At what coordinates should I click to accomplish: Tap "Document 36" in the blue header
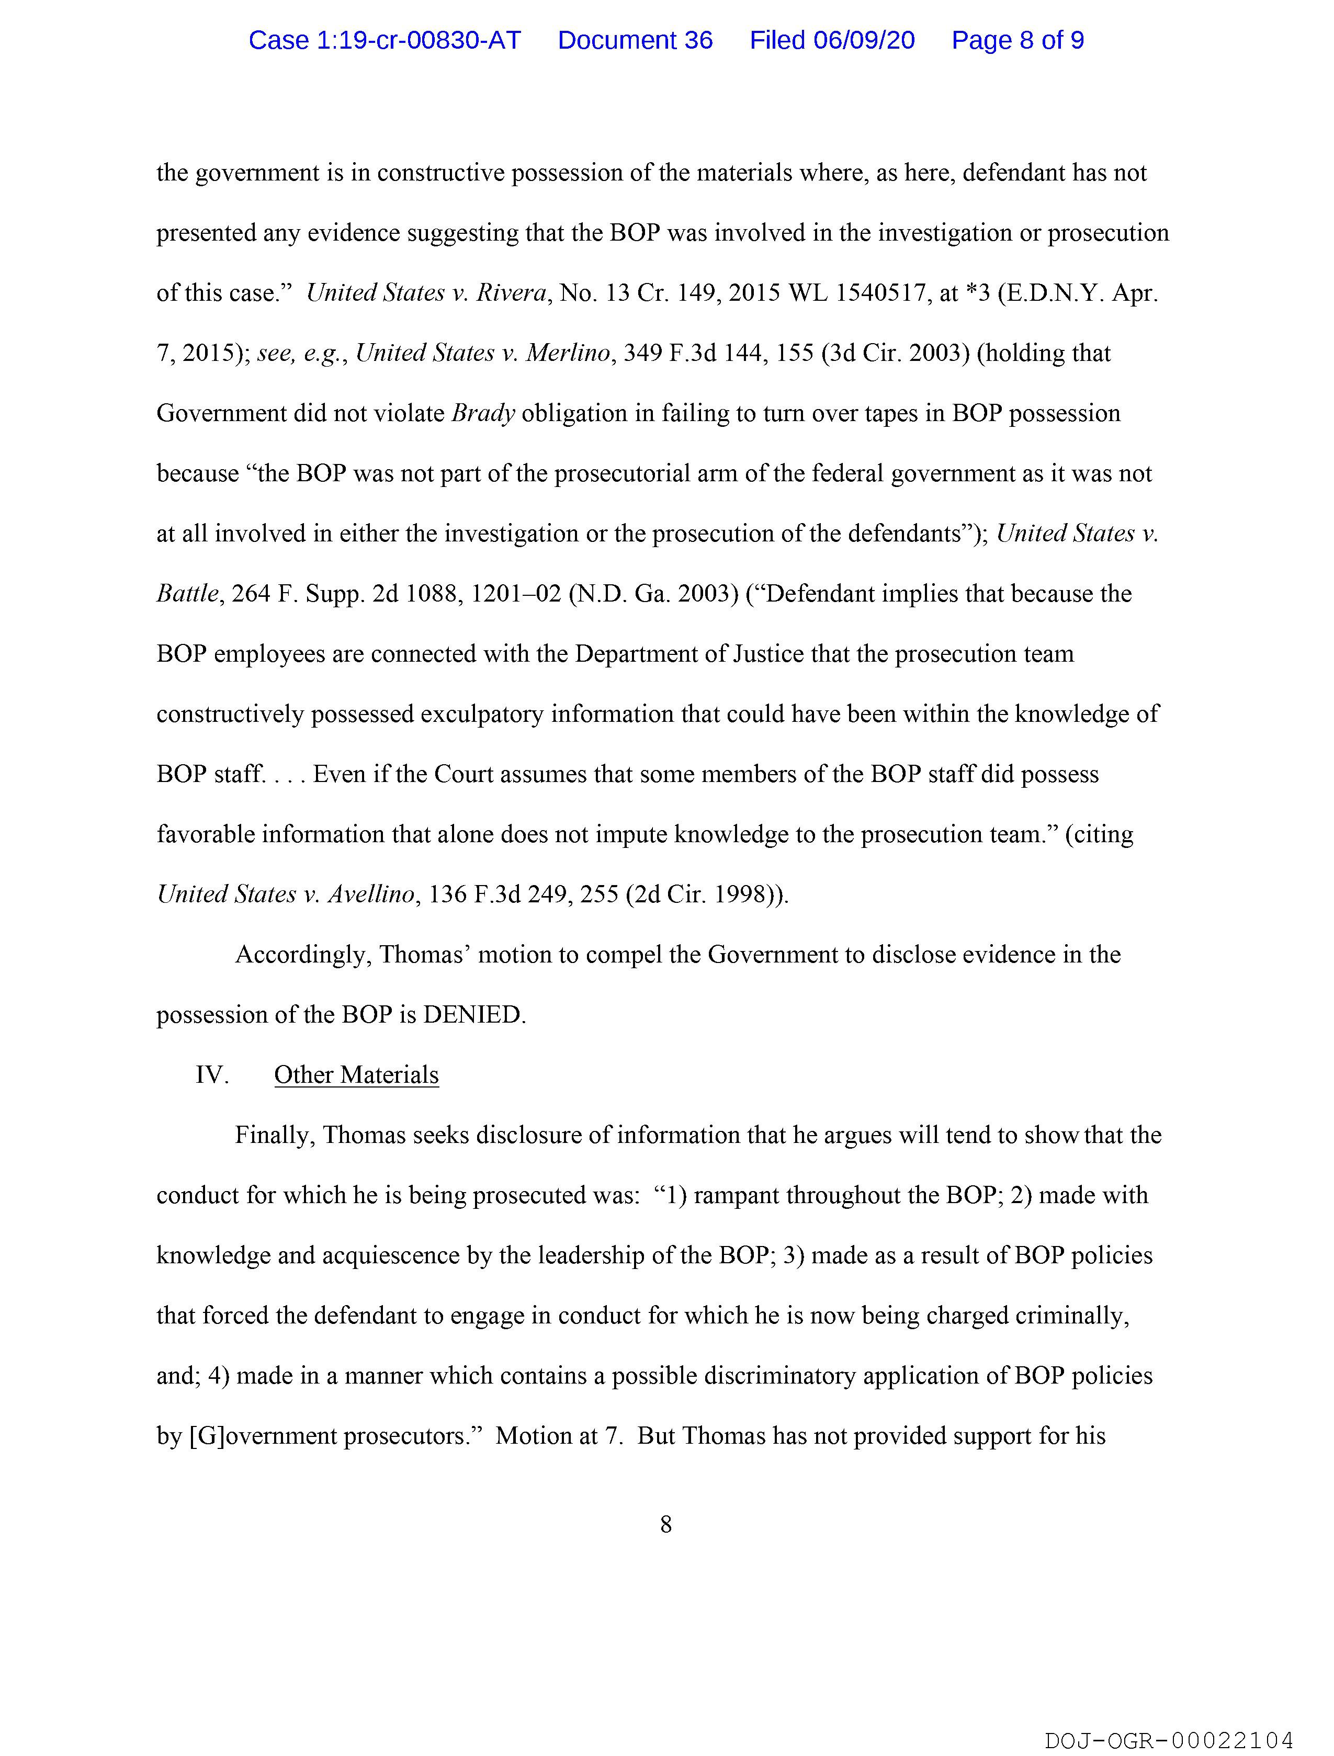pyautogui.click(x=635, y=40)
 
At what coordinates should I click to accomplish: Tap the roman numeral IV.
pyautogui.click(x=211, y=1075)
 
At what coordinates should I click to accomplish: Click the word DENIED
pyautogui.click(x=473, y=1015)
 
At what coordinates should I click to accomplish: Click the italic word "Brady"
pyautogui.click(x=483, y=414)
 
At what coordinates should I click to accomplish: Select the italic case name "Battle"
pyautogui.click(x=187, y=594)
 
